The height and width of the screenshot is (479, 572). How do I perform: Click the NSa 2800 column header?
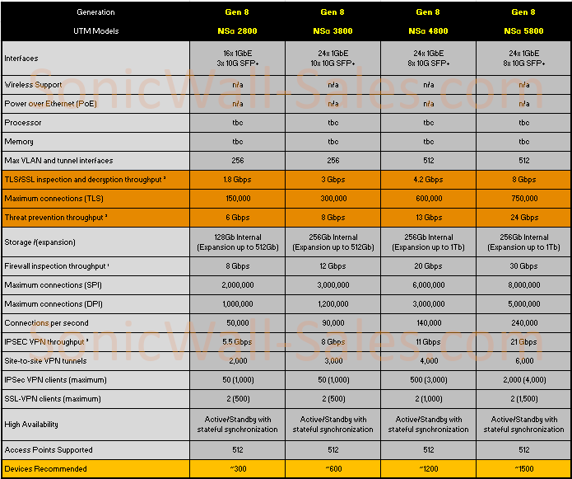pyautogui.click(x=237, y=31)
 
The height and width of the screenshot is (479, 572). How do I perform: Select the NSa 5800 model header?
pyautogui.click(x=523, y=31)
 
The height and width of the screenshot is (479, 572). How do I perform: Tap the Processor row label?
pyautogui.click(x=23, y=123)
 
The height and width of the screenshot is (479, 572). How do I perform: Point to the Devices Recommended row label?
pyautogui.click(x=45, y=469)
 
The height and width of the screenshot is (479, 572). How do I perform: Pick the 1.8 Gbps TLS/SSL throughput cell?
pyautogui.click(x=237, y=180)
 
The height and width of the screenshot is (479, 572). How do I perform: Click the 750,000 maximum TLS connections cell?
pyautogui.click(x=523, y=199)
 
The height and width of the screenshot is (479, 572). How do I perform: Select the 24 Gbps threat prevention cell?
pyautogui.click(x=523, y=218)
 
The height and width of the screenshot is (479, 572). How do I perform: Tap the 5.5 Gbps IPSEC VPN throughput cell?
pyautogui.click(x=237, y=342)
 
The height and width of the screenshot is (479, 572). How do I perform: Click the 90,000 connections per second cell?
pyautogui.click(x=333, y=323)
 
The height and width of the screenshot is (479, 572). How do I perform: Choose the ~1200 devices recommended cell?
pyautogui.click(x=428, y=469)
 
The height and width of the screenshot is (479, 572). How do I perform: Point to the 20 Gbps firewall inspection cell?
pyautogui.click(x=428, y=266)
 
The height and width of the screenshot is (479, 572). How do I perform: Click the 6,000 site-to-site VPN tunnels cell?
pyautogui.click(x=523, y=361)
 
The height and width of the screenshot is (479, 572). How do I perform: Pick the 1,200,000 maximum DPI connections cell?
pyautogui.click(x=333, y=304)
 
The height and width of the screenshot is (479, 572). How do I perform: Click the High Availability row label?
pyautogui.click(x=32, y=425)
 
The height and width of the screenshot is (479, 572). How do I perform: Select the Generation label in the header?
pyautogui.click(x=95, y=12)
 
